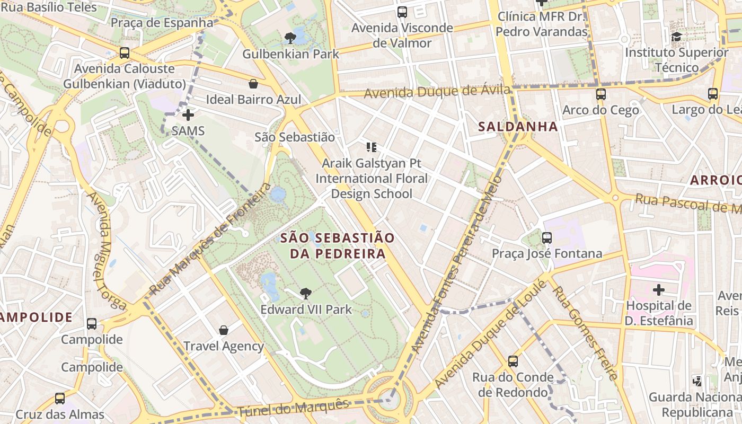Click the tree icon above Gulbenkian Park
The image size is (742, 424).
click(x=290, y=37)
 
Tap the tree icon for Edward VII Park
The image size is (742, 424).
click(x=305, y=293)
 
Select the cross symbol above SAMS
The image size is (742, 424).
click(x=188, y=114)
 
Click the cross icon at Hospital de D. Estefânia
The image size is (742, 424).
click(x=659, y=290)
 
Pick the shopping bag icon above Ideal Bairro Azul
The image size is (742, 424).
click(x=253, y=84)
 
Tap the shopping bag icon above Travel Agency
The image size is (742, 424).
click(x=224, y=330)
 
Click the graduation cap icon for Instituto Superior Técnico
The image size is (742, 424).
click(x=676, y=37)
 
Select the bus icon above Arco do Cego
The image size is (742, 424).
click(x=600, y=94)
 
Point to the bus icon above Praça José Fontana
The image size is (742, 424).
click(x=547, y=238)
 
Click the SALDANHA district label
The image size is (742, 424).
click(x=518, y=127)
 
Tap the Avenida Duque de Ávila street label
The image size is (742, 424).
click(x=437, y=92)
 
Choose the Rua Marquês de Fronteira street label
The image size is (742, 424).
click(x=211, y=239)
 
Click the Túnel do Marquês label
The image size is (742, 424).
click(x=293, y=408)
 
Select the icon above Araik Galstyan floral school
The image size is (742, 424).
click(x=371, y=147)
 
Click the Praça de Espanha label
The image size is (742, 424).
click(x=162, y=23)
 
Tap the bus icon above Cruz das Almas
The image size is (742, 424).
click(x=60, y=399)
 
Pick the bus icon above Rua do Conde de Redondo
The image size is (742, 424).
click(x=513, y=361)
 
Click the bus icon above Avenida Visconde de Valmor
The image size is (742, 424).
click(x=402, y=12)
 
